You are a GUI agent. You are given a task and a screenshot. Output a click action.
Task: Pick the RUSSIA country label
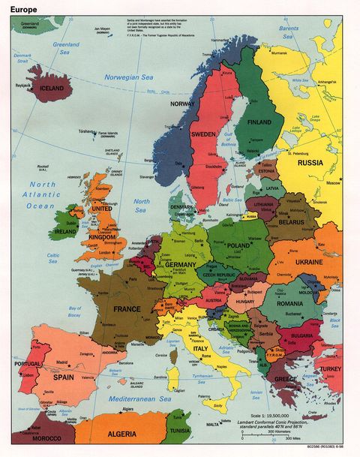(x=310, y=162)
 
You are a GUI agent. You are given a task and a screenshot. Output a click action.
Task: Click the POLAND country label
(x=239, y=245)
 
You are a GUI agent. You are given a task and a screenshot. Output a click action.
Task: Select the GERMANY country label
(x=180, y=265)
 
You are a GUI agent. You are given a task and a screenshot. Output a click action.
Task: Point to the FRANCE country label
(x=127, y=308)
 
